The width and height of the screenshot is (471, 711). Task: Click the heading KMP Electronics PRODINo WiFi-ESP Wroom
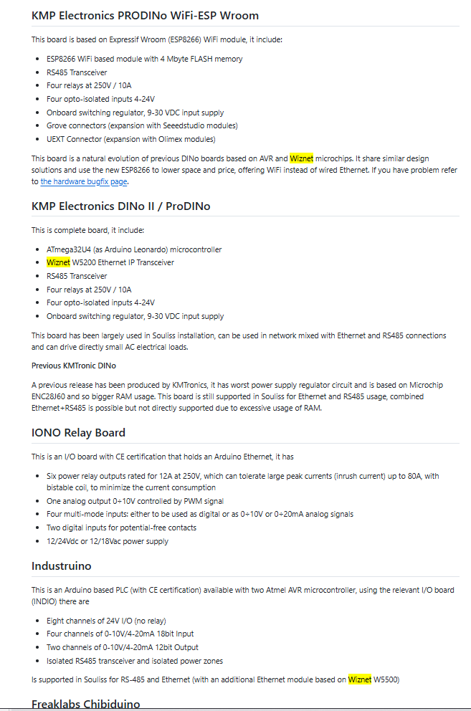tap(145, 15)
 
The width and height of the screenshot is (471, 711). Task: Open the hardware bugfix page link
tap(84, 182)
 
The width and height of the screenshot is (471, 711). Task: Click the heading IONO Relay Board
tap(78, 432)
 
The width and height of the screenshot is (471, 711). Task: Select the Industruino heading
tap(62, 566)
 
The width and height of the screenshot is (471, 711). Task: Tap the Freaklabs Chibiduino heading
tap(85, 704)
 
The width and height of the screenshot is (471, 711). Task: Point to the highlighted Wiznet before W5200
tap(59, 262)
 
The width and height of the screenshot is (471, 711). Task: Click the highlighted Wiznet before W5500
tap(360, 679)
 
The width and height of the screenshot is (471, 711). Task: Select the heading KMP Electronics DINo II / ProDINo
tap(120, 206)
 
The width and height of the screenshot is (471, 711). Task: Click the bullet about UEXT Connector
tap(130, 139)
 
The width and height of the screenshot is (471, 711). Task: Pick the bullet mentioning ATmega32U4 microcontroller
tap(134, 249)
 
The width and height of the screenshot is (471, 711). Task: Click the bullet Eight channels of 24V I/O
tap(106, 621)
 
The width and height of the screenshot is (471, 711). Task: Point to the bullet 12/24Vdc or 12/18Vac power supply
tap(108, 541)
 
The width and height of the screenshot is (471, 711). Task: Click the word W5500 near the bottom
tap(386, 679)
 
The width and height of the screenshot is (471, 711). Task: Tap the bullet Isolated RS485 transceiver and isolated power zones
tap(134, 661)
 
